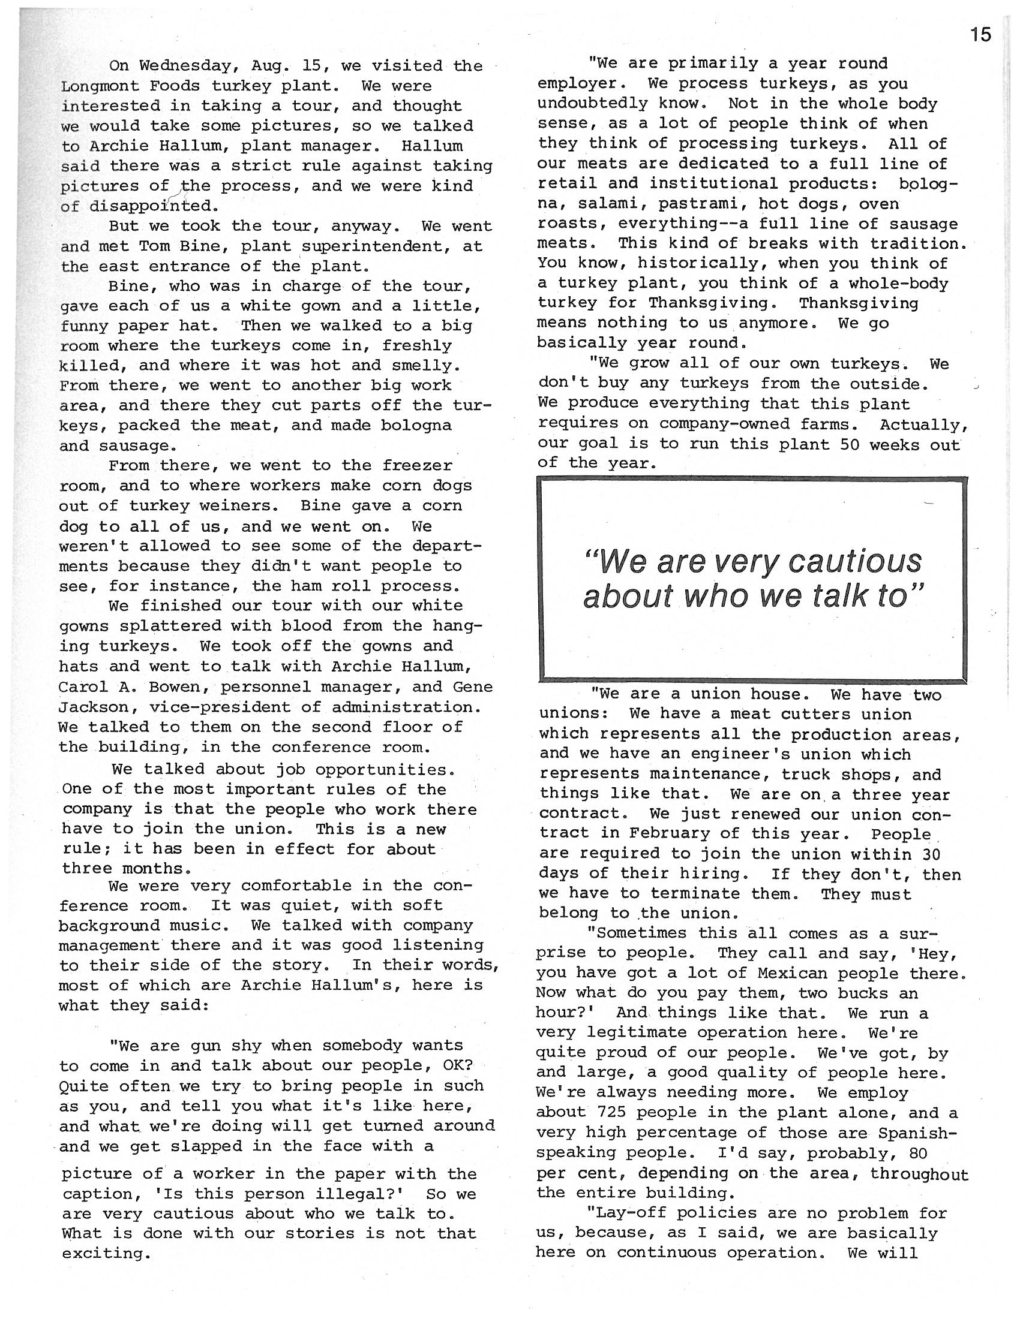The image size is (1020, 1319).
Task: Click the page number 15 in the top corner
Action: [x=982, y=35]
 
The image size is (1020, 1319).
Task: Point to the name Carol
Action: [x=83, y=686]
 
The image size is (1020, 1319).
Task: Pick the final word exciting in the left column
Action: [x=104, y=1254]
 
